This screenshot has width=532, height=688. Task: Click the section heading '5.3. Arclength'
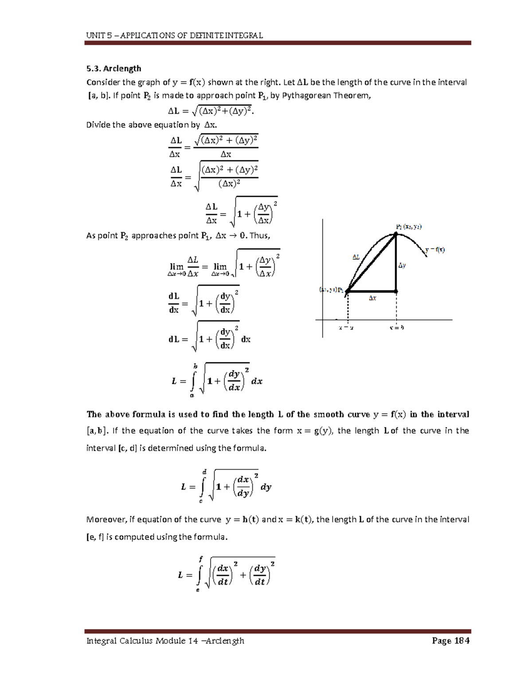pos(113,68)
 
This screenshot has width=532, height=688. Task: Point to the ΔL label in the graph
pos(356,257)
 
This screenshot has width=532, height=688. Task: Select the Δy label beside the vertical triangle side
pos(402,265)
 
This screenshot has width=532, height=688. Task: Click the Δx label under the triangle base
pos(372,299)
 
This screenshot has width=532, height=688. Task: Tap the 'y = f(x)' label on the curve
pos(435,249)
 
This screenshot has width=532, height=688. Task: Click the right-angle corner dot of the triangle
pos(396,291)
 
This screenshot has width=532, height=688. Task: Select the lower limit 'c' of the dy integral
pos(201,501)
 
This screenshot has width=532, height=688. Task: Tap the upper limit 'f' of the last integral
pos(200,560)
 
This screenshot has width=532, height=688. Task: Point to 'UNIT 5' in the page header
pos(96,35)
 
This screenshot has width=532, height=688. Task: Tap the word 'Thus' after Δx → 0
pos(259,235)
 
